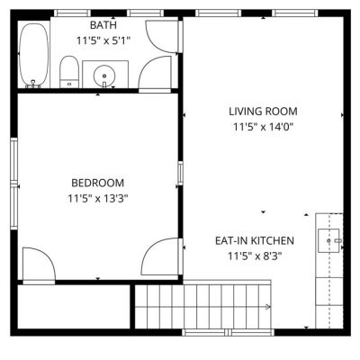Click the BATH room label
[103, 25]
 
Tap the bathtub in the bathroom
[33, 56]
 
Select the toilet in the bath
[69, 72]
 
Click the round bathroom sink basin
[104, 76]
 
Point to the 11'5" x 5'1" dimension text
[103, 40]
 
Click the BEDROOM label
[98, 183]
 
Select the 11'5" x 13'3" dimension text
[98, 198]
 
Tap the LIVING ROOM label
[263, 112]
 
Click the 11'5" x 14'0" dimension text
[263, 127]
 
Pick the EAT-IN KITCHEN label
[255, 240]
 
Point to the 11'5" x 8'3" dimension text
[255, 256]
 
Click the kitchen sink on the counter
[328, 240]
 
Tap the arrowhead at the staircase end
[267, 307]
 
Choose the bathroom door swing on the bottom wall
[147, 65]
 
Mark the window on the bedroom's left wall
[14, 184]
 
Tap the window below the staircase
[228, 332]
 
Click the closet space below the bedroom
[74, 306]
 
